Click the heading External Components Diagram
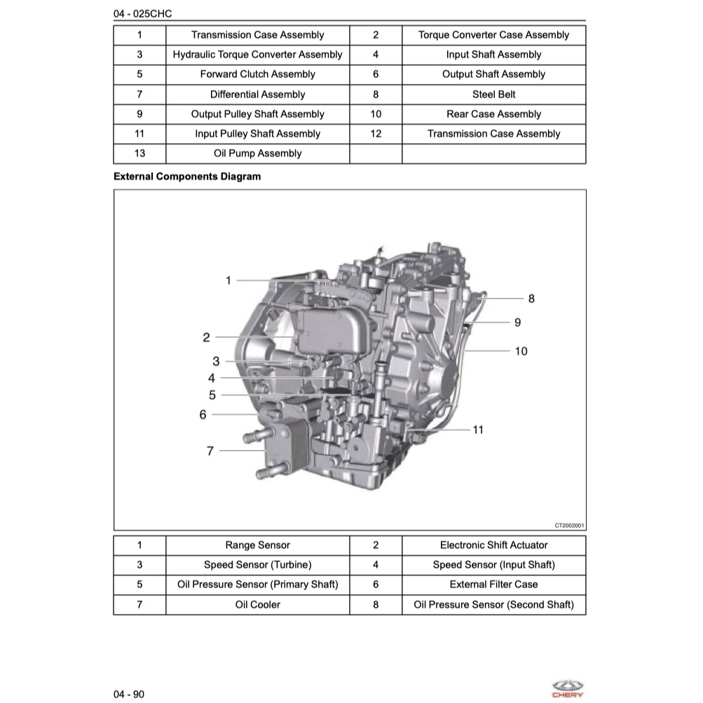point(187,177)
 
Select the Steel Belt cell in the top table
point(493,94)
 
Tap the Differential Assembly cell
point(257,94)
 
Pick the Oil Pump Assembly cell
point(257,153)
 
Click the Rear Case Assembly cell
point(493,114)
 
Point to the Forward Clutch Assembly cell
point(257,74)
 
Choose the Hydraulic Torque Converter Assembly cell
point(257,55)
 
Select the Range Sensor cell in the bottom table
point(257,545)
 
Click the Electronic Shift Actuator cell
point(493,545)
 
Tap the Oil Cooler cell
point(257,604)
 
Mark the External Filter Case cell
point(493,584)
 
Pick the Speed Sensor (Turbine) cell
point(257,564)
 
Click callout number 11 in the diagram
point(478,430)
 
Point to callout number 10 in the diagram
point(521,351)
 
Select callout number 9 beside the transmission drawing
point(517,322)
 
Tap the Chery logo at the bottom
point(567,688)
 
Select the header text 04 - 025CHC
point(142,13)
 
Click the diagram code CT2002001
point(569,524)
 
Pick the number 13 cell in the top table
point(139,153)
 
